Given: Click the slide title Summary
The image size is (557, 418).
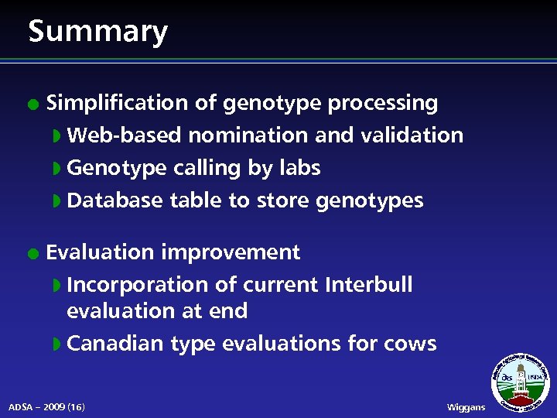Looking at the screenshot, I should pyautogui.click(x=97, y=32).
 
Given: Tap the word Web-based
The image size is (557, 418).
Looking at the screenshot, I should pyautogui.click(x=124, y=135).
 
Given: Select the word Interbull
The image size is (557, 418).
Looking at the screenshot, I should pyautogui.click(x=369, y=285).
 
